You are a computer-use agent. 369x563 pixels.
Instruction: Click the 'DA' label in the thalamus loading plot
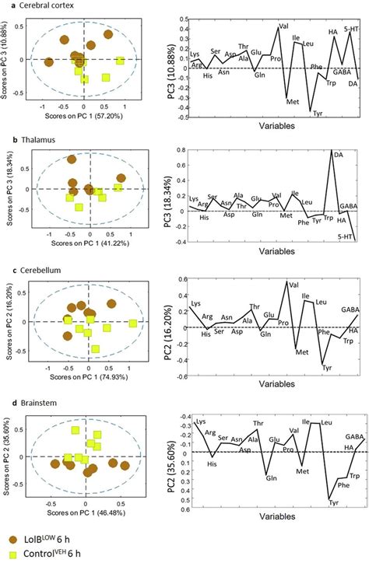pyautogui.click(x=338, y=156)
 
